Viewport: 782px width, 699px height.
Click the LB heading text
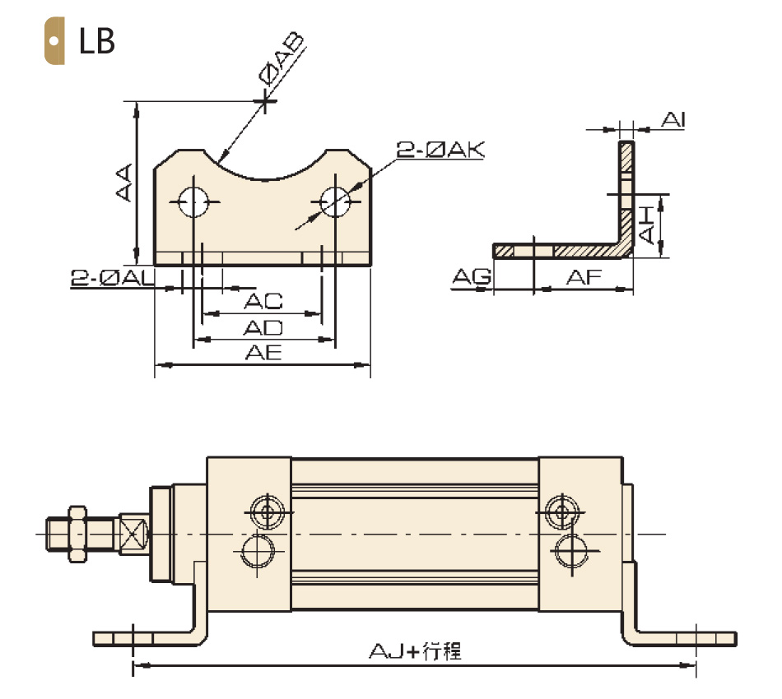click(97, 41)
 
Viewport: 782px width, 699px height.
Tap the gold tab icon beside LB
click(54, 41)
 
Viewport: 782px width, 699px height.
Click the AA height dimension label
click(124, 183)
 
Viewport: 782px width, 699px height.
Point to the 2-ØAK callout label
click(440, 150)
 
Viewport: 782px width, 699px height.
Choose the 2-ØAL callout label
click(113, 278)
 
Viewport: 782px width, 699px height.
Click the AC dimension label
click(263, 301)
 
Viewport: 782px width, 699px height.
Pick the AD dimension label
click(263, 328)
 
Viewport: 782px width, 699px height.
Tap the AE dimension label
click(263, 353)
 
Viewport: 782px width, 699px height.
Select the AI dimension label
click(673, 120)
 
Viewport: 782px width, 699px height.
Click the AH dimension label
click(646, 225)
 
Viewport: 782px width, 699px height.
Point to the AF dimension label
click(584, 277)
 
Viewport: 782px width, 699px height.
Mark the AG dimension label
click(472, 276)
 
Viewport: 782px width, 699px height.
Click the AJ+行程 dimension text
click(415, 651)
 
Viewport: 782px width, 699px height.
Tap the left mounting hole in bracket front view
click(193, 202)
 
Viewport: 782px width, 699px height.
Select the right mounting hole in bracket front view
click(335, 202)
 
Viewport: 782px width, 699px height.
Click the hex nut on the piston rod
click(77, 534)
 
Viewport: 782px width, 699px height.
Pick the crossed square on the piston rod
click(133, 534)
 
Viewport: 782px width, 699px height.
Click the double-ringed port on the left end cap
click(268, 512)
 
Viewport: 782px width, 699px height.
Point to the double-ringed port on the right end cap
click(562, 512)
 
